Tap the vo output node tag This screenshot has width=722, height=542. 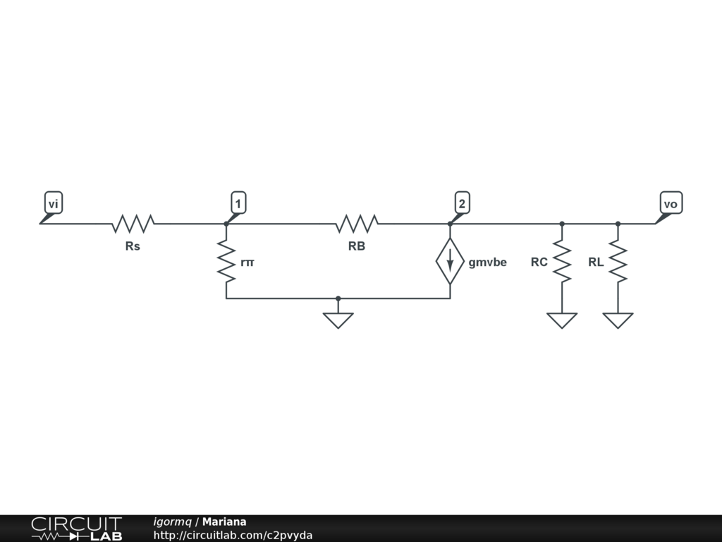tap(671, 204)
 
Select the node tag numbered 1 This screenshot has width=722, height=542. tap(238, 204)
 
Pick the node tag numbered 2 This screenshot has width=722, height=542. tap(461, 204)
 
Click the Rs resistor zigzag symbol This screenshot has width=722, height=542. tap(133, 224)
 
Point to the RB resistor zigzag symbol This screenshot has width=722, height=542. tap(357, 224)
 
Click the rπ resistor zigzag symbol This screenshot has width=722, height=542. tap(226, 261)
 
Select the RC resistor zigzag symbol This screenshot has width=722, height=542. tap(562, 261)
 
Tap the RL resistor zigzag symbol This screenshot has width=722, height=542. tap(618, 261)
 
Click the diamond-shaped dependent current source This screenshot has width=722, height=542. tap(450, 261)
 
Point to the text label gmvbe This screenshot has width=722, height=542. tap(487, 263)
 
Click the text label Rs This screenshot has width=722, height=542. tap(133, 246)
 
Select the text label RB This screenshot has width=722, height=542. tap(357, 246)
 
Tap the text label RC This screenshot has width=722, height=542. tap(539, 263)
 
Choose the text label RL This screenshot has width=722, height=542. tap(596, 263)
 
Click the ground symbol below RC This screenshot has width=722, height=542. tap(562, 320)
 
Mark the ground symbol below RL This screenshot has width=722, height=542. tap(618, 320)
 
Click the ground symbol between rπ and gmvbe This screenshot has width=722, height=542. tap(338, 320)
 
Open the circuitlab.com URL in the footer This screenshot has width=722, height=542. tap(233, 535)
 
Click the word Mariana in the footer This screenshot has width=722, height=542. tap(224, 522)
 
